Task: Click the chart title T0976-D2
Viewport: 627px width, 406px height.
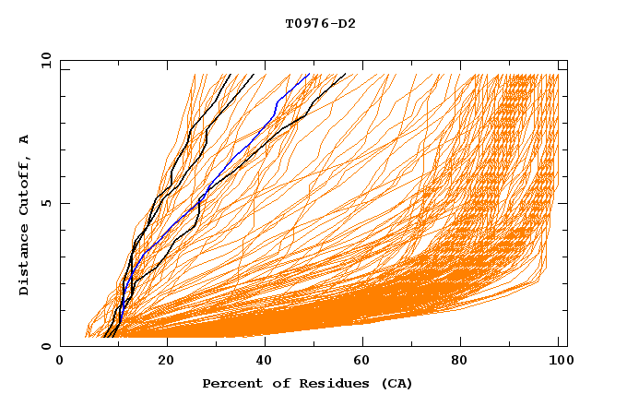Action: coord(320,23)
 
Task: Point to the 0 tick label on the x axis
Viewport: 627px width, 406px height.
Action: coord(60,361)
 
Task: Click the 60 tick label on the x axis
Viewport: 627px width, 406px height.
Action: coord(366,361)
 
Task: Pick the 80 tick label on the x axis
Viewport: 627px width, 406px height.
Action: coord(466,361)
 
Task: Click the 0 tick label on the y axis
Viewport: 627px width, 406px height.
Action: coord(46,346)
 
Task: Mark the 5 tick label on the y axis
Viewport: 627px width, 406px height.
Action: coord(46,203)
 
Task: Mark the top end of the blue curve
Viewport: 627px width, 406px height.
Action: coord(310,74)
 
